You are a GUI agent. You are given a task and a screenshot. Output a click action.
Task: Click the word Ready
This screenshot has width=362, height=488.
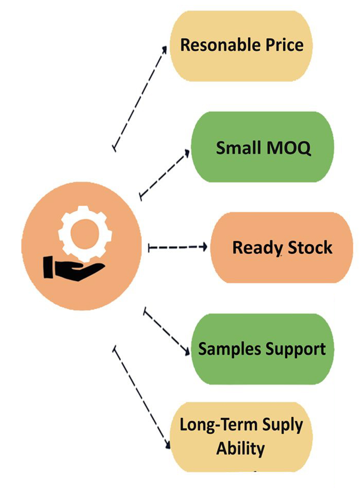point(257,248)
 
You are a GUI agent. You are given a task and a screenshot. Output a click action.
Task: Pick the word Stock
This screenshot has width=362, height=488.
point(310,248)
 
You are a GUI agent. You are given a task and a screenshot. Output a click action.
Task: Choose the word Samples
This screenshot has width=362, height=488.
point(229,349)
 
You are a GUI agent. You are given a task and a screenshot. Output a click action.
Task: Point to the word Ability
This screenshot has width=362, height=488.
point(240,448)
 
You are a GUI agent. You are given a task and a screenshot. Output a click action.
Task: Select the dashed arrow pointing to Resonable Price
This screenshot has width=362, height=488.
point(140,99)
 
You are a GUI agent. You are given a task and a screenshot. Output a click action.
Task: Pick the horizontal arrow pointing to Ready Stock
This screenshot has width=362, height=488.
point(177,248)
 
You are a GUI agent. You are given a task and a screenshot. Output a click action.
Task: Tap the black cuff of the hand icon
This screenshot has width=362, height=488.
point(48,267)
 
